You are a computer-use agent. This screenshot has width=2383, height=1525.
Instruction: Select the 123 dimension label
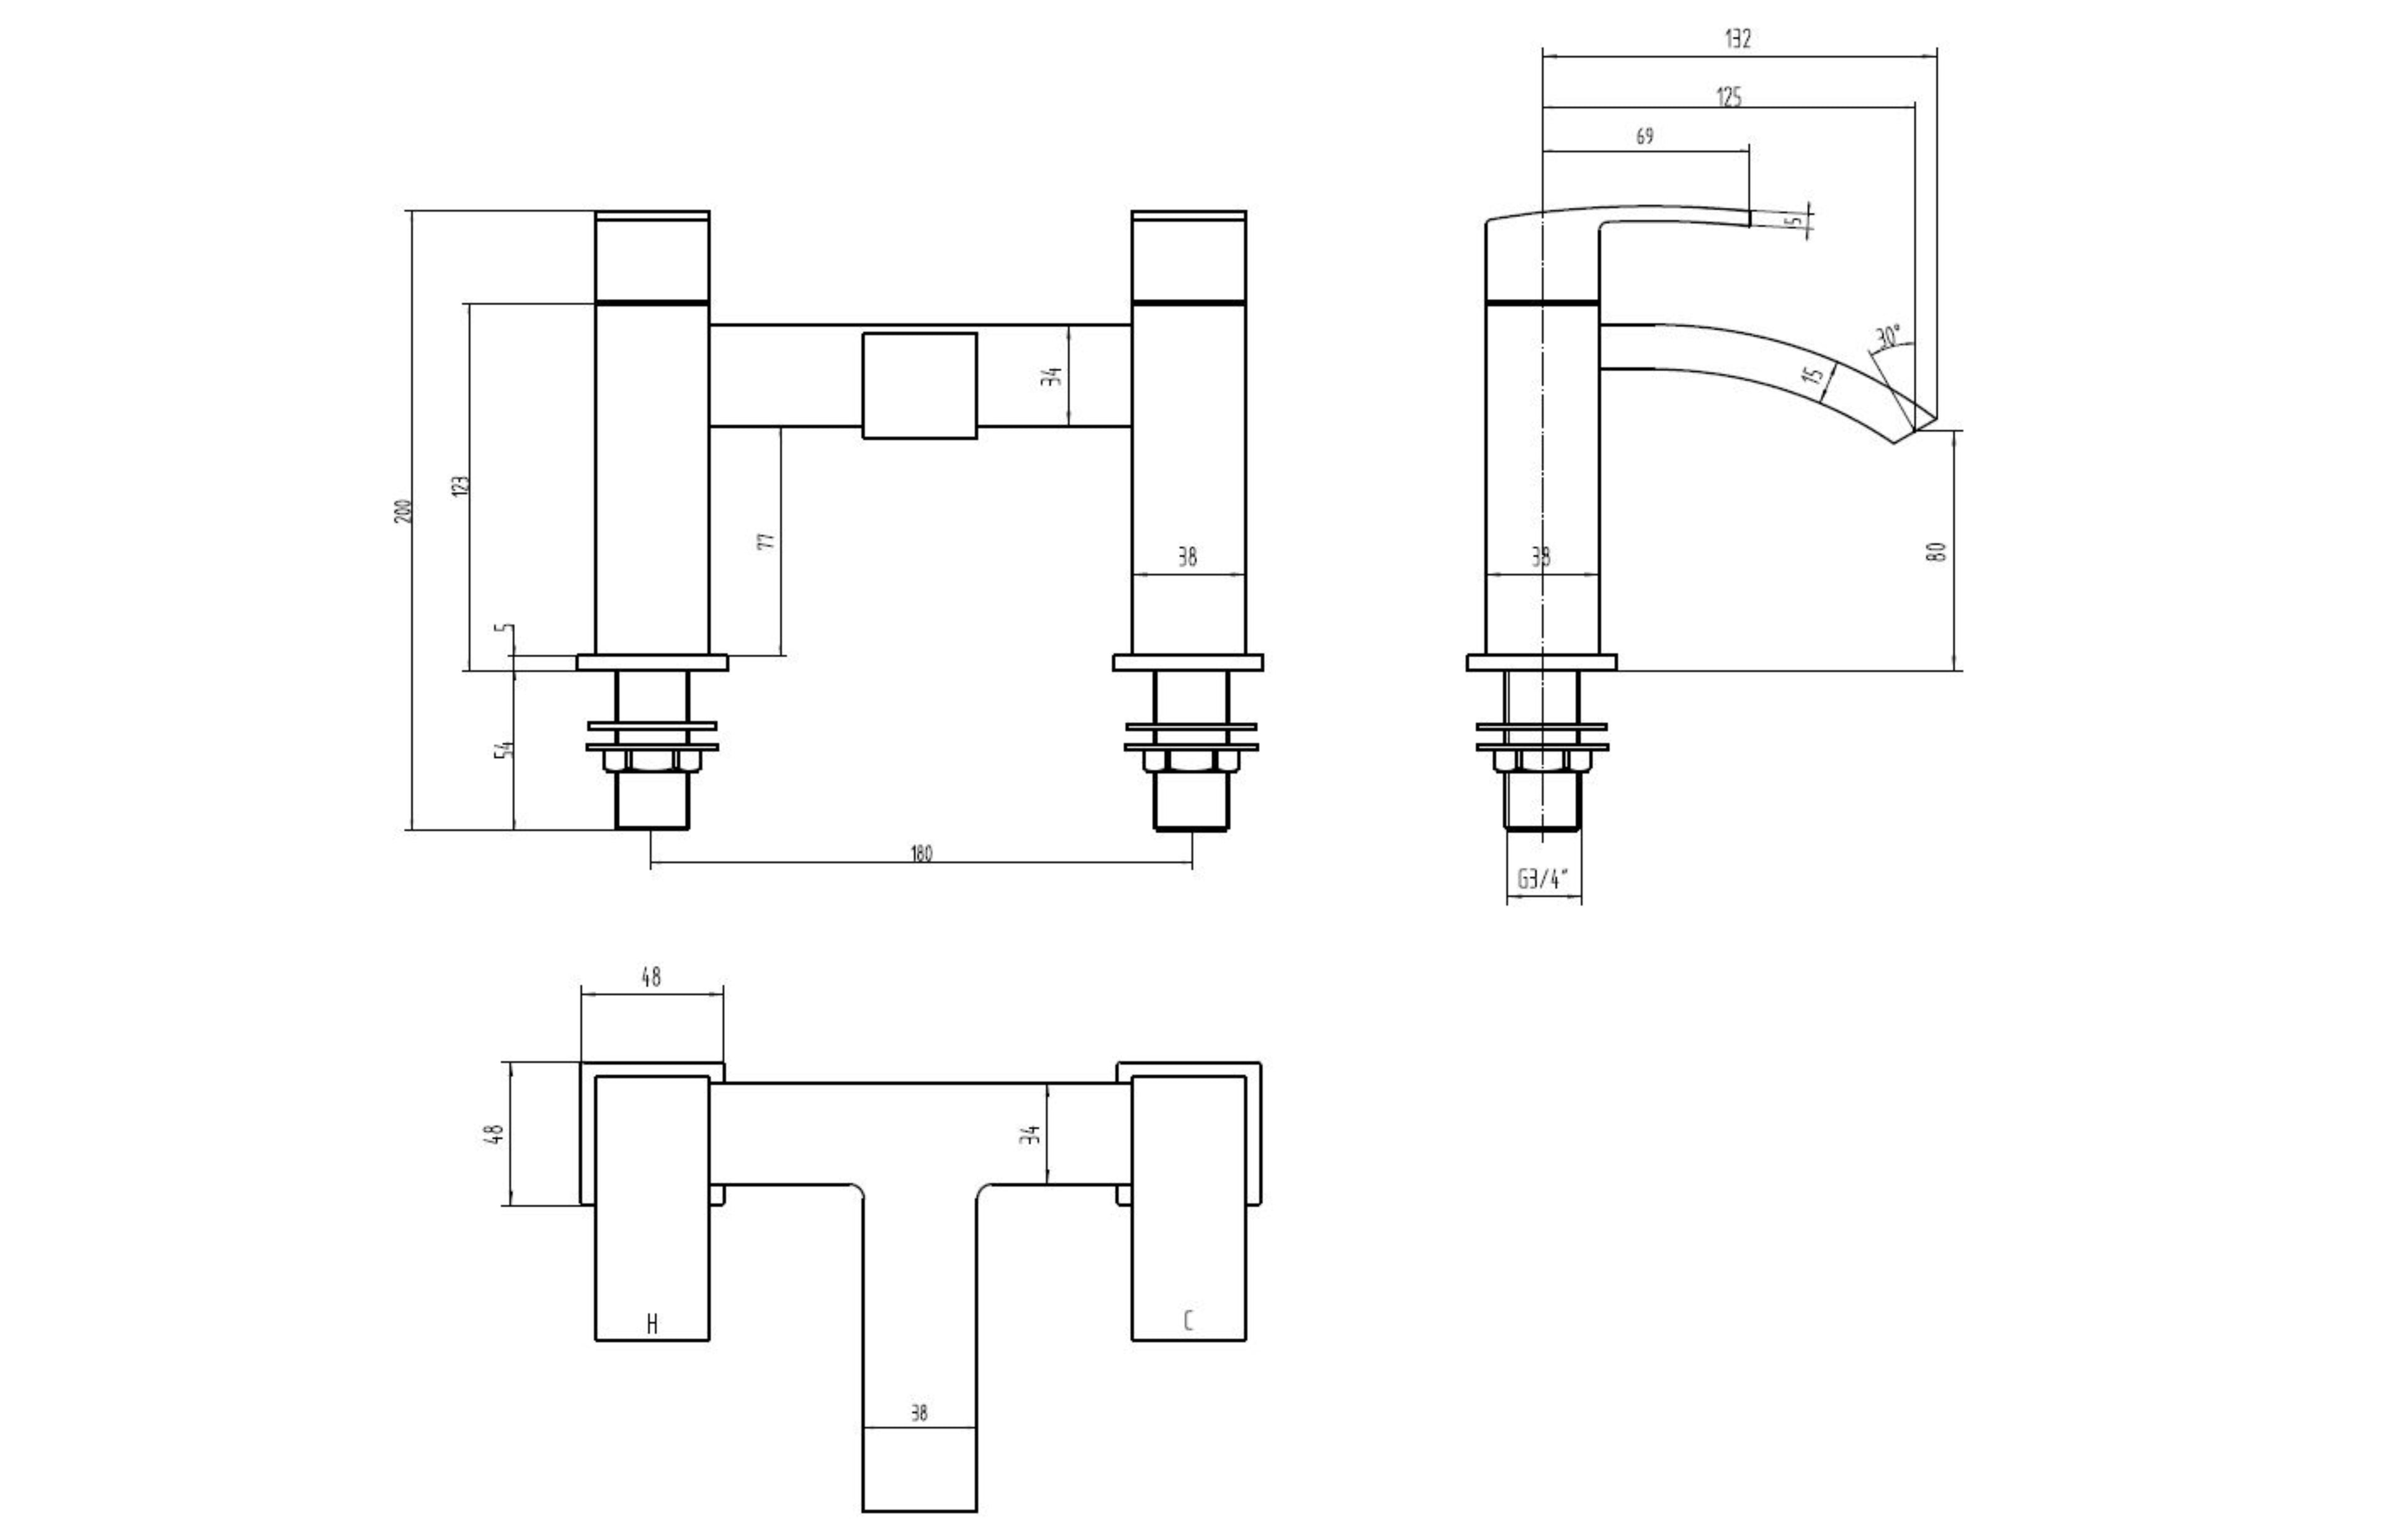[x=460, y=485]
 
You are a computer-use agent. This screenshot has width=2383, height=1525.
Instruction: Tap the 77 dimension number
[x=766, y=542]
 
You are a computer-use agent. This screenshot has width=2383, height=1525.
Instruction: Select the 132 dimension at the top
[x=1738, y=40]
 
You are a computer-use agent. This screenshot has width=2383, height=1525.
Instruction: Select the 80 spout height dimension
[x=1938, y=552]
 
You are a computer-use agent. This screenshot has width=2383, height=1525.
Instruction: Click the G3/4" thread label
[x=1543, y=879]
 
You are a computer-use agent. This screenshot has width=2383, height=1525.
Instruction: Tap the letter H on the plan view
[x=652, y=1324]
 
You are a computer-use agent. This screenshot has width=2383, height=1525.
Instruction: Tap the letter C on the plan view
[x=1188, y=1321]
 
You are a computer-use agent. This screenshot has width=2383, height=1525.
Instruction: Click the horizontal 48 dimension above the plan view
[x=651, y=977]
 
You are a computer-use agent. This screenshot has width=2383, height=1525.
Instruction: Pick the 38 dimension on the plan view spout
[x=919, y=1413]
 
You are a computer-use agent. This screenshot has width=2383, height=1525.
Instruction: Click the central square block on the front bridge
[x=919, y=385]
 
